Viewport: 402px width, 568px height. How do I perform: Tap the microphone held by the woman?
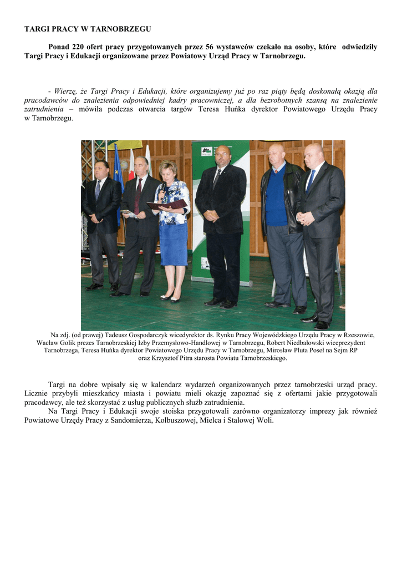click(162, 191)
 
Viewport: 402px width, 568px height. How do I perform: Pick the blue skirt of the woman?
click(174, 244)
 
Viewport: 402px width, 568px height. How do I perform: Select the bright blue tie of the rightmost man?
click(311, 180)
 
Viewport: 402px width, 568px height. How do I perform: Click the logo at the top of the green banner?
click(206, 151)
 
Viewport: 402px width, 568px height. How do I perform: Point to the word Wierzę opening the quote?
click(64, 90)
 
